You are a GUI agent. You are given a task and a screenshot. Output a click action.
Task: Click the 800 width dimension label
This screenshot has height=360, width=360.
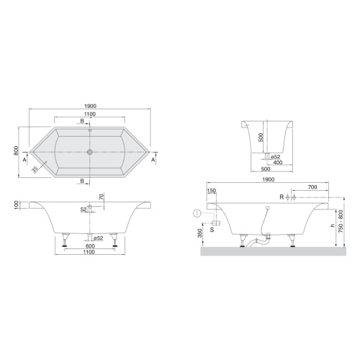tap(16, 150)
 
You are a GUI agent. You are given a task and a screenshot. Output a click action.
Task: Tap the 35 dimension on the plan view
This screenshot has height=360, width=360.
tap(35, 169)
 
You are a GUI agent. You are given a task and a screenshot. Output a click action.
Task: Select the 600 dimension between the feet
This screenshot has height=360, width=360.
tap(90, 246)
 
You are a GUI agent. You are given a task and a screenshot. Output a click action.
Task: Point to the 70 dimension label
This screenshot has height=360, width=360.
tap(102, 197)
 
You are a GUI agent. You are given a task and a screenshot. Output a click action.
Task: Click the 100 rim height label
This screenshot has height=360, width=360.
tap(16, 205)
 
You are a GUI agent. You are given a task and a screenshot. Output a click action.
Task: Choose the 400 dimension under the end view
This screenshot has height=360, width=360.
tap(278, 163)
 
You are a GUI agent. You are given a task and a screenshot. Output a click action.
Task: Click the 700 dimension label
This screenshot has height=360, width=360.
tap(312, 187)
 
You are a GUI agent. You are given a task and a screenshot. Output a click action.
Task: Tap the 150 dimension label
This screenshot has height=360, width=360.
tap(212, 191)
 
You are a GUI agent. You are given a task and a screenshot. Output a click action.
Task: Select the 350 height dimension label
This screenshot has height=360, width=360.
tap(200, 233)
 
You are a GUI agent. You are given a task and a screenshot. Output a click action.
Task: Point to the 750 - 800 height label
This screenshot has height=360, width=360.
tap(341, 221)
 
